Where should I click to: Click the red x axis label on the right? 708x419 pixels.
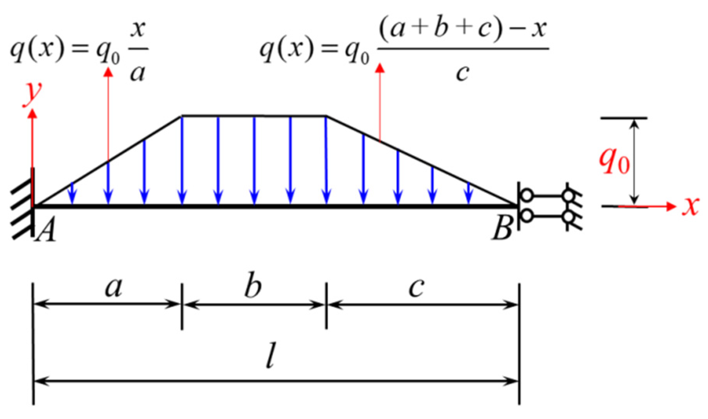point(691,206)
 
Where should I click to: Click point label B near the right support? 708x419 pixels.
point(502,229)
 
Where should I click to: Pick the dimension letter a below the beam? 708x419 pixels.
point(113,288)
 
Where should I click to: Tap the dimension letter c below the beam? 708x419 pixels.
point(416,288)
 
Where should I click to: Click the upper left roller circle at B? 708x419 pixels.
point(527,195)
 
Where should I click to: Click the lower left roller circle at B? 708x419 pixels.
point(527,215)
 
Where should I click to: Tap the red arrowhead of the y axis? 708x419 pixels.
point(33,114)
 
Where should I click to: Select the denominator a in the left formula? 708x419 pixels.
point(138,73)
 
